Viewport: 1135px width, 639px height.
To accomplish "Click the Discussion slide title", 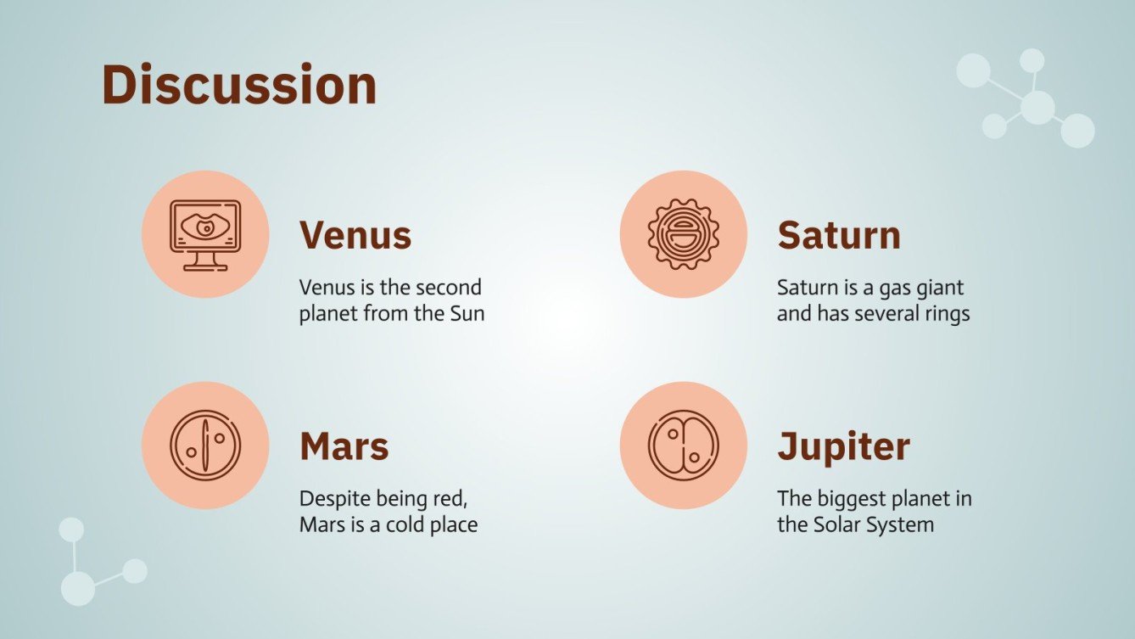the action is pos(239,84).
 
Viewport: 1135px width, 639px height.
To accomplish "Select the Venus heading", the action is pos(355,236).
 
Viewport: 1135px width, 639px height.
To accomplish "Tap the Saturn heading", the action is pos(839,236).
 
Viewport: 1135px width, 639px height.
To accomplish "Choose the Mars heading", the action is pos(344,446).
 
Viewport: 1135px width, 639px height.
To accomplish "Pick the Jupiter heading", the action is pos(844,448).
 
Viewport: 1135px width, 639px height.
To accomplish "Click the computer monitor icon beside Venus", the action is pos(205,235).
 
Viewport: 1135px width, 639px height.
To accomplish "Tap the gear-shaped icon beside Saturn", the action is pos(683,234).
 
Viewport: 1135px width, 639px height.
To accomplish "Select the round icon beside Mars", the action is pos(205,446).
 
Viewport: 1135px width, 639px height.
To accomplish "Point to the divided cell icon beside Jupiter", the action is pos(683,446).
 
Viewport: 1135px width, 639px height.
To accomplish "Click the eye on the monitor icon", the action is pos(205,227).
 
